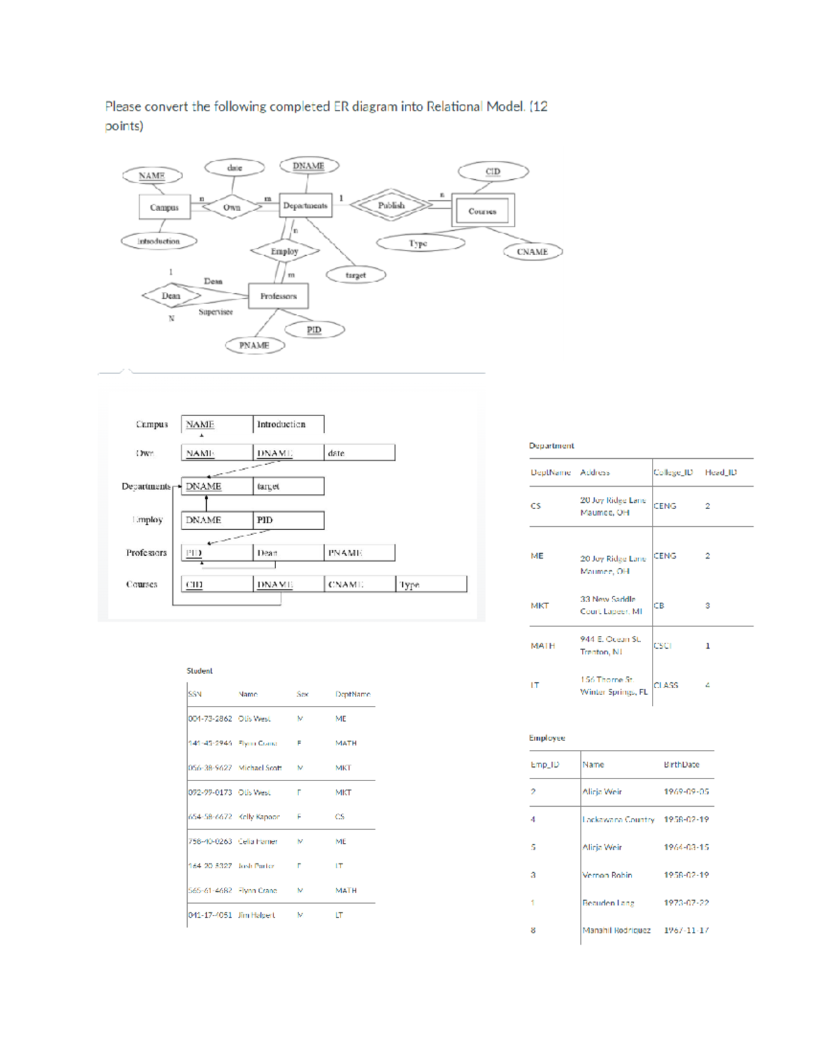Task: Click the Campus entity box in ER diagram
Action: (x=164, y=207)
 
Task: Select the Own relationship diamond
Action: (x=232, y=207)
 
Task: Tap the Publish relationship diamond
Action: (x=391, y=205)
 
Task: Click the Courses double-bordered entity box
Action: (x=482, y=211)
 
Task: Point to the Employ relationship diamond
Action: (x=284, y=251)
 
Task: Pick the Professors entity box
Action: (x=278, y=296)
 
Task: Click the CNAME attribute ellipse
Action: (x=532, y=252)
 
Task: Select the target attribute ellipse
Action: (x=355, y=275)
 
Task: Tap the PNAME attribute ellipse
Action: (x=254, y=345)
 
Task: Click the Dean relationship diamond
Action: (x=171, y=296)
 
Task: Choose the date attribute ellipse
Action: (x=235, y=167)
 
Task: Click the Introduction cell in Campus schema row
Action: (x=288, y=424)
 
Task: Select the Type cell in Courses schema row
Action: (x=431, y=584)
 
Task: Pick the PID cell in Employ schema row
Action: (x=288, y=520)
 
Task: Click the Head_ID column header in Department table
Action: (x=720, y=472)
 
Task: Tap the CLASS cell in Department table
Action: (x=666, y=685)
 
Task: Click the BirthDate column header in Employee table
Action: (x=681, y=764)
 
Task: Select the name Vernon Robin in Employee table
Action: (x=607, y=875)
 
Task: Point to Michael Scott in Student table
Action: (x=260, y=768)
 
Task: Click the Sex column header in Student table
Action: (x=303, y=694)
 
